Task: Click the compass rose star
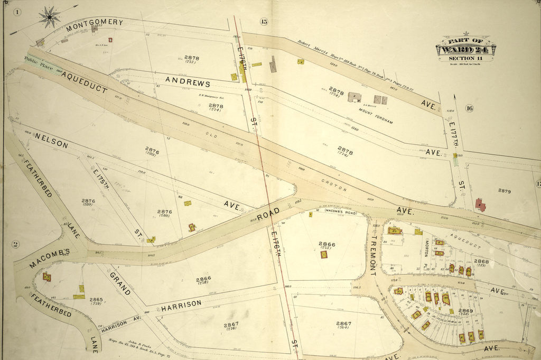click(x=50, y=17)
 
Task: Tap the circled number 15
click(x=264, y=21)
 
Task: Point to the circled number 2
click(x=15, y=244)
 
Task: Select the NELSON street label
click(x=51, y=140)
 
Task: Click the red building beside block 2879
click(x=480, y=205)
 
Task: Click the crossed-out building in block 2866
click(x=323, y=254)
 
